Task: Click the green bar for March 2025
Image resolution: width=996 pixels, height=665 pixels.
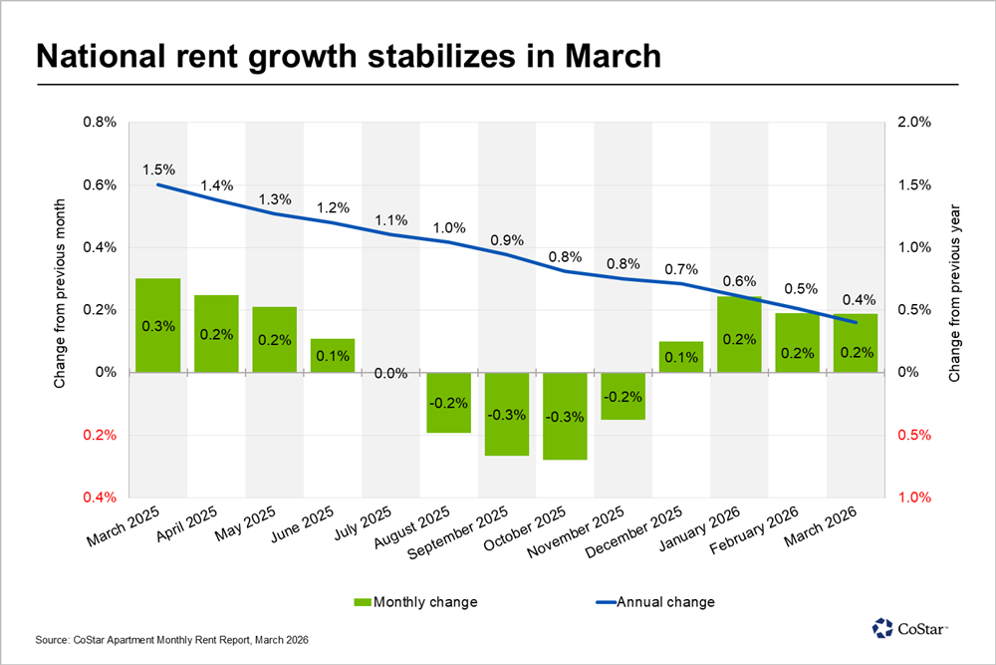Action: coord(158,325)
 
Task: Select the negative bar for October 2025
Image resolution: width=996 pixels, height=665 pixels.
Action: coord(565,416)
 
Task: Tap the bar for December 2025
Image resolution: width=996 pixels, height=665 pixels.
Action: coord(680,357)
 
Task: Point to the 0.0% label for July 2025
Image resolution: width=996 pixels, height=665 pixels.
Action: coord(390,374)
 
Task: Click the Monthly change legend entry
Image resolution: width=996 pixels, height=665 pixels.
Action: coord(415,601)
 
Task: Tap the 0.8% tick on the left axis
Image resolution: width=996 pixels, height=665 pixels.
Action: coord(100,123)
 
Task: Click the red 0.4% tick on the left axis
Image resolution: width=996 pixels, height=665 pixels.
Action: coord(100,498)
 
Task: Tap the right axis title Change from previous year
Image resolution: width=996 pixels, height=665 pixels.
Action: coord(953,294)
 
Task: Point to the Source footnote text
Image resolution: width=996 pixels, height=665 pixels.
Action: coord(170,638)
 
